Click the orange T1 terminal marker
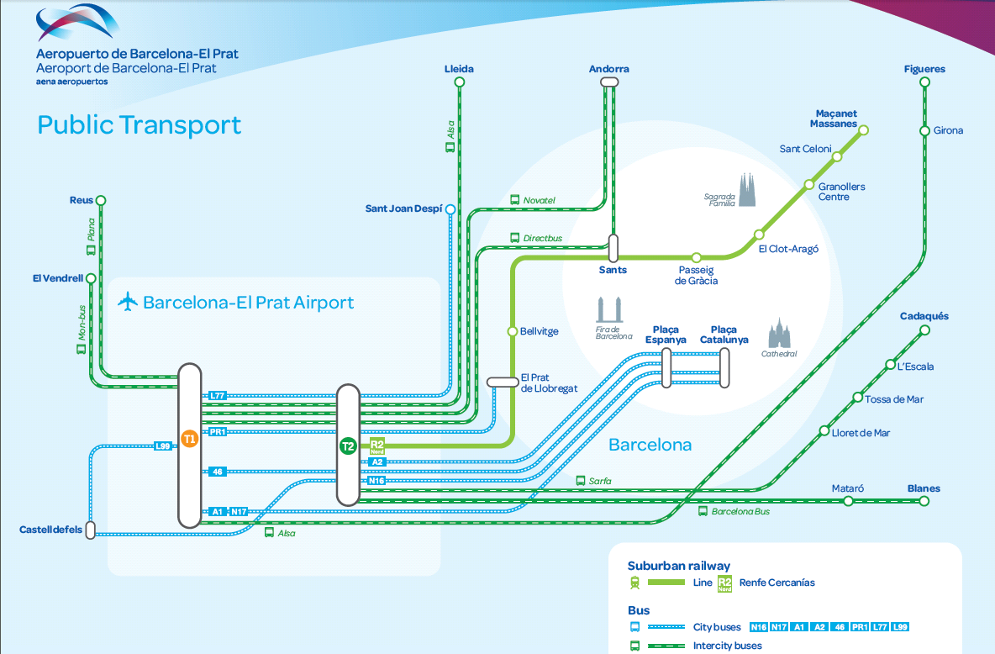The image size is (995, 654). click(x=190, y=439)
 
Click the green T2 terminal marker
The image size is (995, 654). click(x=348, y=446)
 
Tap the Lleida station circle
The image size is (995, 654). click(x=460, y=82)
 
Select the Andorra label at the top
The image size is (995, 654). click(x=608, y=69)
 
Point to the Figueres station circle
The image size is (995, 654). click(x=924, y=82)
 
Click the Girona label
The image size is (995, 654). click(x=948, y=130)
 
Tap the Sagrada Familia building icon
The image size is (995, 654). click(x=747, y=190)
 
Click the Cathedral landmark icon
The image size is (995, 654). click(x=779, y=334)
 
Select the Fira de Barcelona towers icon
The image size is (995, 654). click(x=609, y=309)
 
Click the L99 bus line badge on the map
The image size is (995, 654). click(x=163, y=446)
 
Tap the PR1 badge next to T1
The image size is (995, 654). click(x=218, y=432)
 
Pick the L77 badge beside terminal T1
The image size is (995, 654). click(x=218, y=396)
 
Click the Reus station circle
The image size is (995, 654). click(x=100, y=201)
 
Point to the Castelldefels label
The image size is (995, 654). click(x=50, y=530)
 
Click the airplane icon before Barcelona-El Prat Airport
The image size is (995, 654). click(x=128, y=302)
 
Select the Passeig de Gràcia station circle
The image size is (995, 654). click(x=696, y=258)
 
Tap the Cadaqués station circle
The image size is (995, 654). click(x=924, y=330)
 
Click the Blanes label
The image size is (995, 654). click(x=924, y=488)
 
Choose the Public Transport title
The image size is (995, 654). click(x=139, y=125)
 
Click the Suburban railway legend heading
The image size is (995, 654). click(x=678, y=566)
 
